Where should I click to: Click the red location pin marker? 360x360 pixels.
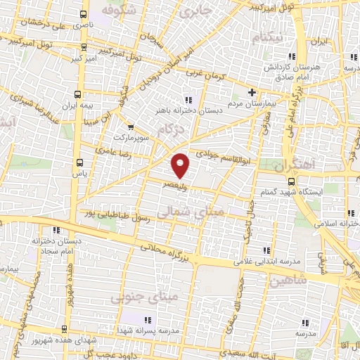[181, 165]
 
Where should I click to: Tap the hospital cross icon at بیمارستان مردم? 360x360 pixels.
[252, 91]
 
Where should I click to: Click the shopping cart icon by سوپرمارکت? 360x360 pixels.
[131, 127]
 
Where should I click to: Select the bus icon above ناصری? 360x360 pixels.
[84, 13]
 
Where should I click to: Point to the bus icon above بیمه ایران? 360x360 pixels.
[77, 92]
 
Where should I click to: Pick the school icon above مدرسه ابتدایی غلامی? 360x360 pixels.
[266, 250]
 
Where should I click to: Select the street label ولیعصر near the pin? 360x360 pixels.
[173, 184]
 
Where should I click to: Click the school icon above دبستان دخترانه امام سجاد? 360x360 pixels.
[56, 229]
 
